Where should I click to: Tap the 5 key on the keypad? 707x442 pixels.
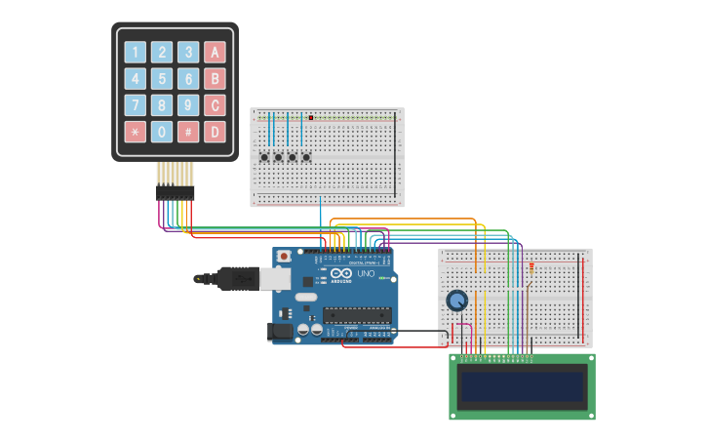point(162,79)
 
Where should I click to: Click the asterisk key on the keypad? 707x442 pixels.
point(136,132)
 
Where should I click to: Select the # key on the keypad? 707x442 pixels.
point(188,132)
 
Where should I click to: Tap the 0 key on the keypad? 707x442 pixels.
point(162,132)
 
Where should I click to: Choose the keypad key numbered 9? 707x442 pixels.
point(188,105)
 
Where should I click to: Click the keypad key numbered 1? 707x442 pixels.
point(136,53)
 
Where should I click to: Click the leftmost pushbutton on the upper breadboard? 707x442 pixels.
point(264,157)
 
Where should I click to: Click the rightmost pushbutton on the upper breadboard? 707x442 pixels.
point(306,157)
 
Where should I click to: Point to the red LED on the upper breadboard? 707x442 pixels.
point(310,118)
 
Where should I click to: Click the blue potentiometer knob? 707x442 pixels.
point(456,301)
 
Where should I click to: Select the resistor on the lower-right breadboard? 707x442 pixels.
point(531,267)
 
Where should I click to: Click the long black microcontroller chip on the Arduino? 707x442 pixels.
point(357,315)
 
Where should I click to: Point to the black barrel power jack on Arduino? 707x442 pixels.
point(281,332)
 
